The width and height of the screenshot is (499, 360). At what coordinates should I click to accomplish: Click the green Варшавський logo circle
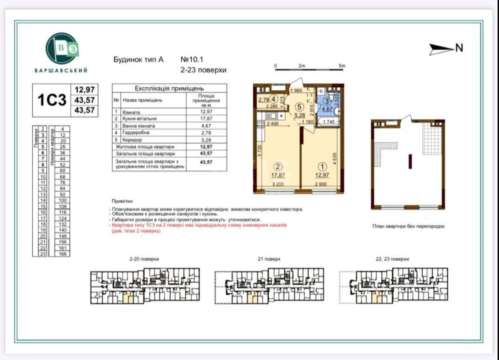(62, 49)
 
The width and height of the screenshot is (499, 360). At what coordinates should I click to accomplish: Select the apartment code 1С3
(52, 100)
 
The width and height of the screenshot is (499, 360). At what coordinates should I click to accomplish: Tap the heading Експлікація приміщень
(169, 89)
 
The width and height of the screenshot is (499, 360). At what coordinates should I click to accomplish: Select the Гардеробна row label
(136, 133)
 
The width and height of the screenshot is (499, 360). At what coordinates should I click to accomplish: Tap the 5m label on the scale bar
(342, 66)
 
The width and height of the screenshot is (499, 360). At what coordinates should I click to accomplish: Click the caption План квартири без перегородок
(408, 227)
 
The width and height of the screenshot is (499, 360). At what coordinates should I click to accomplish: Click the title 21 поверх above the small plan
(269, 259)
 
